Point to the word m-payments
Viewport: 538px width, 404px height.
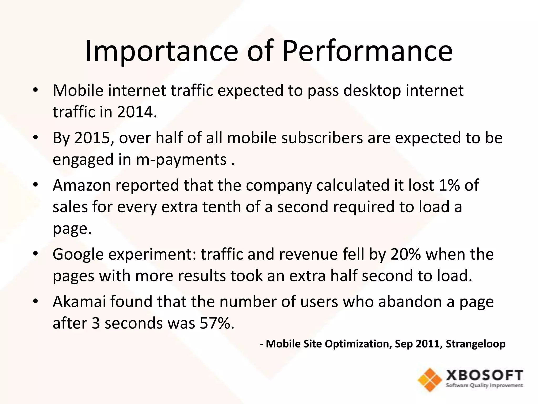tap(181, 159)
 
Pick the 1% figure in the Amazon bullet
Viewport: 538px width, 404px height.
tap(449, 185)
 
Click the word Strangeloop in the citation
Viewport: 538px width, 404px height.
tap(475, 344)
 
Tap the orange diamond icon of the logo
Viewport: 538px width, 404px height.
tap(430, 380)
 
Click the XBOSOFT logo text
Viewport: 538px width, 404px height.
tap(484, 376)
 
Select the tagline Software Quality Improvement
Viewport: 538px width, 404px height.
tap(484, 386)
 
